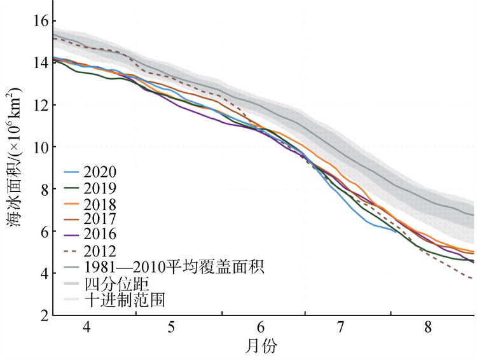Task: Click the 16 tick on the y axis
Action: coord(39,20)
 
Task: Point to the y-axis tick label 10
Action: coord(39,147)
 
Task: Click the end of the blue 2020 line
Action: coord(396,232)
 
